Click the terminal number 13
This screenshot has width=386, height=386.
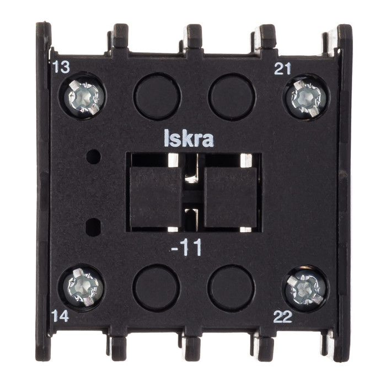click(61, 67)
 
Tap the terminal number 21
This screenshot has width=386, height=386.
click(282, 69)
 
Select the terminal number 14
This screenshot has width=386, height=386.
click(60, 316)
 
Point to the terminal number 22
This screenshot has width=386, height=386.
click(283, 317)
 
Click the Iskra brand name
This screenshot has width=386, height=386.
click(189, 138)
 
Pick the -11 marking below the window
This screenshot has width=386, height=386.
click(186, 248)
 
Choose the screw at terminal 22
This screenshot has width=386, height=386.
click(305, 289)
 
